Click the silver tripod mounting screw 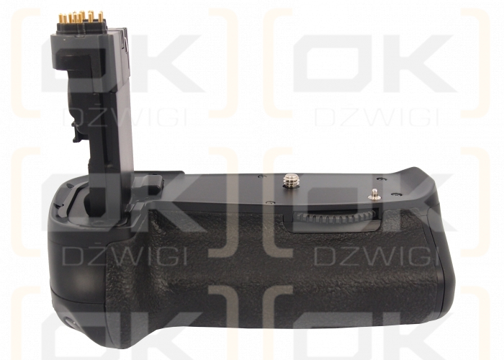[x=291, y=180]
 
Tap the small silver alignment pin [x=374, y=194]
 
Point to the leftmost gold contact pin [x=60, y=19]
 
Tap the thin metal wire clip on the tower [x=126, y=42]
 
